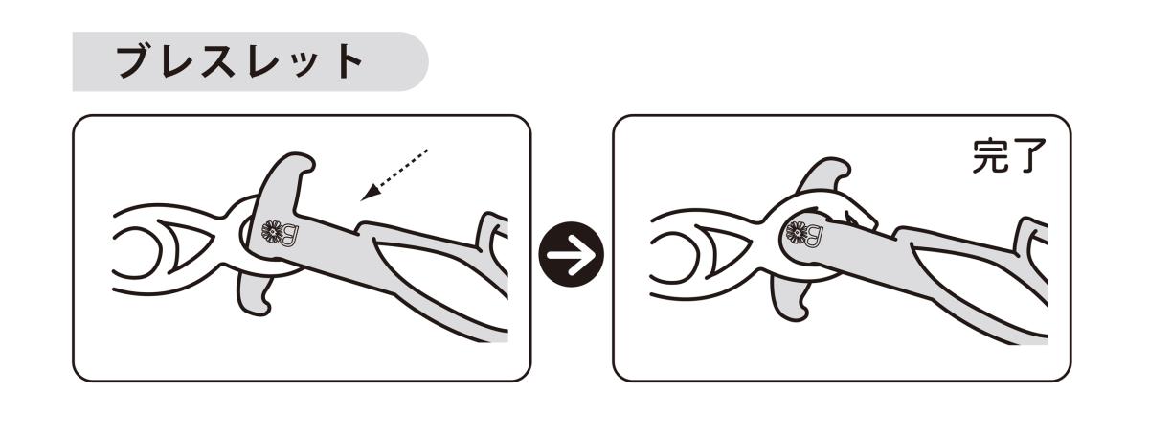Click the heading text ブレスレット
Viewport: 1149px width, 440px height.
coord(239,62)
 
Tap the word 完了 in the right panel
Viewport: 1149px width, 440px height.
coord(1008,155)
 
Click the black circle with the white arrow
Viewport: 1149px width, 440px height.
coord(572,254)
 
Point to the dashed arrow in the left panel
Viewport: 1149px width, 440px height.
coord(394,174)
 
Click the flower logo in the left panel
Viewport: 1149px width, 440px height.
coord(272,232)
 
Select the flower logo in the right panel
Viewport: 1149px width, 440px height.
coord(798,233)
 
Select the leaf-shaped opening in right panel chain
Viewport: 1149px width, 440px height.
coord(725,250)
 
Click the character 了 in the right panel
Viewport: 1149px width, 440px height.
coord(1028,156)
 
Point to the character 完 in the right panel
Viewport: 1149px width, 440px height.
coord(990,155)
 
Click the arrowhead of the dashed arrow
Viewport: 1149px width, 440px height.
coord(369,194)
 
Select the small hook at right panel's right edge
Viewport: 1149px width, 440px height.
coord(1030,238)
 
